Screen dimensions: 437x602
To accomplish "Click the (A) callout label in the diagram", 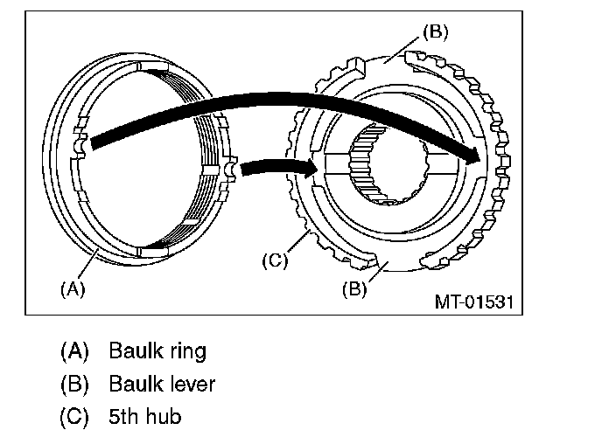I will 72,288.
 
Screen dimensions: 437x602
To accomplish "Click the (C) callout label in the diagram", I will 275,260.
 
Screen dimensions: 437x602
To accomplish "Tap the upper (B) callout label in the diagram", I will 435,32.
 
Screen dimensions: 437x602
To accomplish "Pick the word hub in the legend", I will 165,416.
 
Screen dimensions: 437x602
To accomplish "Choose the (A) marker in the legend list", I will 75,352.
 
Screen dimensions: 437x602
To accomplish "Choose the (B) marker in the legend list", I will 75,384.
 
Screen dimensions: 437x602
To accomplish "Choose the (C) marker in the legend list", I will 75,416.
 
